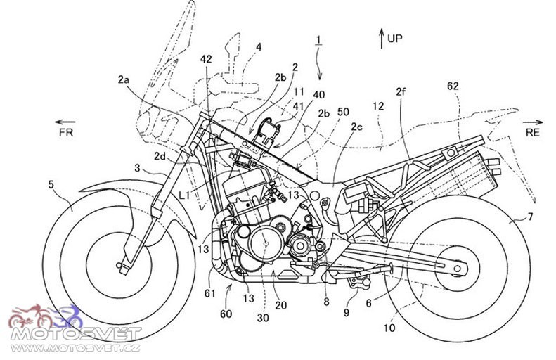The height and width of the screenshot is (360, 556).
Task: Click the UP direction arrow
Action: (x=382, y=38)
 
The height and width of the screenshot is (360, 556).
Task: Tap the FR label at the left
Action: (x=66, y=132)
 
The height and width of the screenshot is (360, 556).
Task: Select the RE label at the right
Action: (x=533, y=132)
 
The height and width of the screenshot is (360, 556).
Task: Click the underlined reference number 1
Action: (x=319, y=39)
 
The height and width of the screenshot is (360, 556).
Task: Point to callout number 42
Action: (x=206, y=59)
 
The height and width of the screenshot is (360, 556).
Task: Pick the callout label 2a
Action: (x=124, y=79)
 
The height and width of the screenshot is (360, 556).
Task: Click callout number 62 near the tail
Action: (x=453, y=86)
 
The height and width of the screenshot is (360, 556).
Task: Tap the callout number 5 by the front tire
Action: (x=51, y=184)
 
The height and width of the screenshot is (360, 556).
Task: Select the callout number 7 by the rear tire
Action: (x=530, y=217)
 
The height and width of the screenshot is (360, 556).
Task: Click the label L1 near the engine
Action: (x=185, y=195)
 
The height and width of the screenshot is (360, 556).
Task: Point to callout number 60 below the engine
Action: (x=226, y=314)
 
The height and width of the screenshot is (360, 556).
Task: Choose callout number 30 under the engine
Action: (x=263, y=318)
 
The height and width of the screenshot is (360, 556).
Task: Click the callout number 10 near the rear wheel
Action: (x=389, y=328)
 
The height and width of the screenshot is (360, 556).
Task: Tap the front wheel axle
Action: (x=119, y=265)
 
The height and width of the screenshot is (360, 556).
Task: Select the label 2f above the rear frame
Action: (x=401, y=92)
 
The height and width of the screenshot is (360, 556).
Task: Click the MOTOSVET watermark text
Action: (x=76, y=334)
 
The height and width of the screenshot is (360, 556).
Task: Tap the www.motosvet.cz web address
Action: (x=75, y=347)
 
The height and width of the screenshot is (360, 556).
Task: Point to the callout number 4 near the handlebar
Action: (x=259, y=47)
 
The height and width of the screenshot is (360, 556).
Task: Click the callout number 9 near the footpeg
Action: (x=347, y=312)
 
